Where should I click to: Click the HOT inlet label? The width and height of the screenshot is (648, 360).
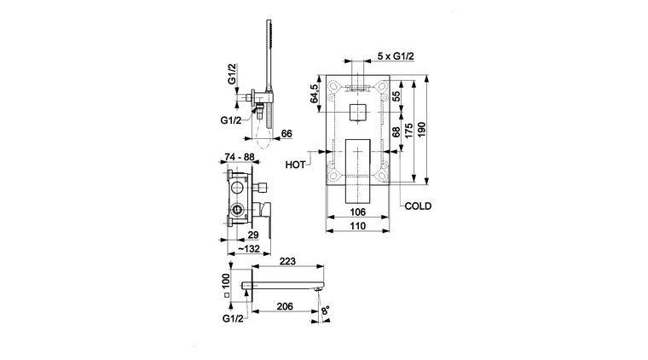tap(295, 165)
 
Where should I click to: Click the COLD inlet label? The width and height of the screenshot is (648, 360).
tap(418, 206)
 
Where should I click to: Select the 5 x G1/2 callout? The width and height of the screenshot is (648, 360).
tap(396, 56)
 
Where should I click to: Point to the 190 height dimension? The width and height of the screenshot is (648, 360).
tap(421, 130)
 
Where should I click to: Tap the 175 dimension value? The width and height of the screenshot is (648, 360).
tap(409, 131)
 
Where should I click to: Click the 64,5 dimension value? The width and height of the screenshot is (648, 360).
tap(314, 93)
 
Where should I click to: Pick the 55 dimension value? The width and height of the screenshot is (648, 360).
tap(396, 96)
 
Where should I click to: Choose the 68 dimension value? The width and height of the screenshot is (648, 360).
tap(396, 132)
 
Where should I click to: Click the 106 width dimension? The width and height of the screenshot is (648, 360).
tap(357, 212)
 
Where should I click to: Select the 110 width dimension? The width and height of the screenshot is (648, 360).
tap(357, 226)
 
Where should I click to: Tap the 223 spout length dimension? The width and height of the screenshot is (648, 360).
tap(287, 261)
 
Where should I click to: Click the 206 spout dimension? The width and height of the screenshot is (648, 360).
tap(285, 306)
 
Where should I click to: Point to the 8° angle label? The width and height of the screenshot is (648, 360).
tap(326, 311)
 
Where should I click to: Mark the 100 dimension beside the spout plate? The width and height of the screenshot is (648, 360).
tap(226, 282)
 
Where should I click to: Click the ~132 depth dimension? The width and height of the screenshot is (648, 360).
tap(249, 249)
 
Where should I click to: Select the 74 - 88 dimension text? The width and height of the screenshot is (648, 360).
tap(240, 157)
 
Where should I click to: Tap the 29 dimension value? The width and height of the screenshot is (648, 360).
tap(253, 235)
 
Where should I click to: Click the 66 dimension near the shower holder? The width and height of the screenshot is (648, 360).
tap(286, 133)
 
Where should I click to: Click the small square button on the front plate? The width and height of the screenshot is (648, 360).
tap(358, 112)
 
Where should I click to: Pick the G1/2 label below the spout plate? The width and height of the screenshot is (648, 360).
tap(233, 319)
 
